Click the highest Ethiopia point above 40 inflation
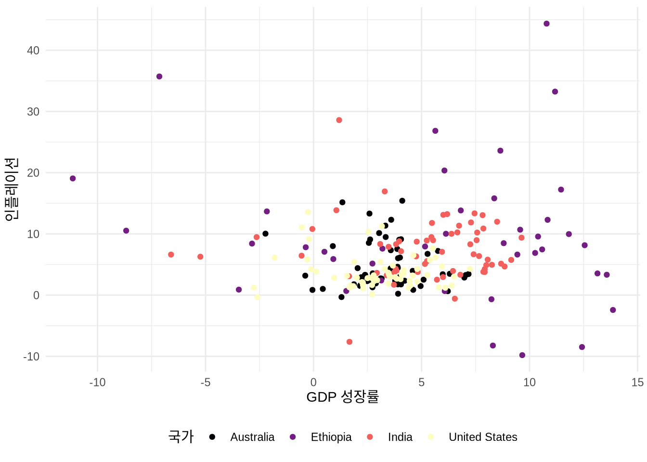pyautogui.click(x=546, y=24)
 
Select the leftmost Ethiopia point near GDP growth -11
pyautogui.click(x=73, y=179)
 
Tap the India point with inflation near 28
pyautogui.click(x=339, y=120)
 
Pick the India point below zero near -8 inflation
pyautogui.click(x=349, y=342)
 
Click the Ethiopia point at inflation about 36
pyautogui.click(x=159, y=77)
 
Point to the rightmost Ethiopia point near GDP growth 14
pyautogui.click(x=613, y=310)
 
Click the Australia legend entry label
pyautogui.click(x=252, y=437)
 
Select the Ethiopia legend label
pyautogui.click(x=331, y=437)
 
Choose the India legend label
pyautogui.click(x=400, y=437)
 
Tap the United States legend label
pyautogui.click(x=483, y=437)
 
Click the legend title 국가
pyautogui.click(x=181, y=436)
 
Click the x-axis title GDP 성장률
pyautogui.click(x=343, y=397)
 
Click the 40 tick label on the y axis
pyautogui.click(x=33, y=51)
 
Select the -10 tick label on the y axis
pyautogui.click(x=31, y=357)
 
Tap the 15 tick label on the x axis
pyautogui.click(x=637, y=383)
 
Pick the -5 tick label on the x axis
pyautogui.click(x=206, y=383)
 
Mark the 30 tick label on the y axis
pyautogui.click(x=33, y=112)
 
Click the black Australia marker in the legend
pyautogui.click(x=212, y=437)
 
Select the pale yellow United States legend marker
pyautogui.click(x=431, y=437)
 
